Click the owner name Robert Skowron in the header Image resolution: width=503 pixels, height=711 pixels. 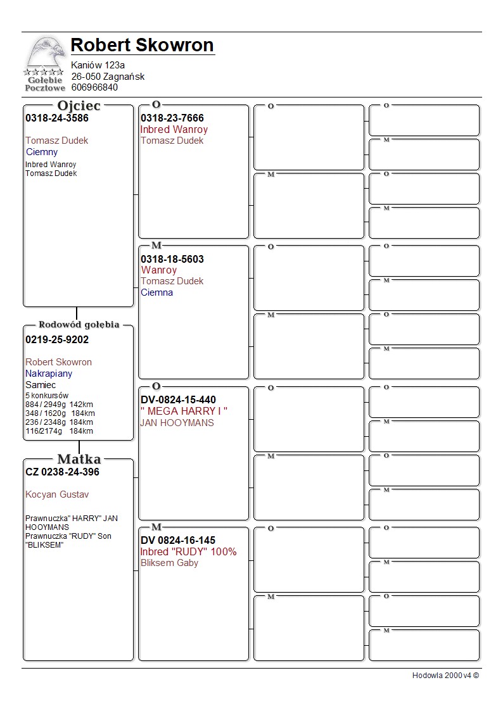point(142,46)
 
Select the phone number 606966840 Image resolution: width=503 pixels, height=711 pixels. point(94,87)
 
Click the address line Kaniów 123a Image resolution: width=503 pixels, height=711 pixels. point(98,65)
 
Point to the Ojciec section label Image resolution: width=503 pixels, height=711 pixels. point(79,106)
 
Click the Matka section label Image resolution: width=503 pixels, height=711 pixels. point(79,459)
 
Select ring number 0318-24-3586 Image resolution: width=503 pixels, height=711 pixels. point(57,118)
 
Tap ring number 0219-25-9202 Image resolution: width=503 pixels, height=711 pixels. point(57,339)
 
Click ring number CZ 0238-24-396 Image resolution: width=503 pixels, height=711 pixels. point(62,472)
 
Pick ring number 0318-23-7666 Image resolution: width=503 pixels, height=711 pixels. point(172,118)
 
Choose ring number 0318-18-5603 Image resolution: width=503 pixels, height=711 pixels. point(172,259)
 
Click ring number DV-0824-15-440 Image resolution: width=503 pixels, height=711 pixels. point(178,400)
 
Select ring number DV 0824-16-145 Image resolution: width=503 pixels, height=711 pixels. point(178,540)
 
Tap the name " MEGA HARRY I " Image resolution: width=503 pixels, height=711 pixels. point(184,412)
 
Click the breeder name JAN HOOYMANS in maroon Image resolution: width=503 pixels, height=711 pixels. point(177,423)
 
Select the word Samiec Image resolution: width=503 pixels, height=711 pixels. point(41,385)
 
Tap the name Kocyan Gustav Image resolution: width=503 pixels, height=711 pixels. point(57,494)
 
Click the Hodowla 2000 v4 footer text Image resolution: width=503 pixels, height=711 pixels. point(445,676)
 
